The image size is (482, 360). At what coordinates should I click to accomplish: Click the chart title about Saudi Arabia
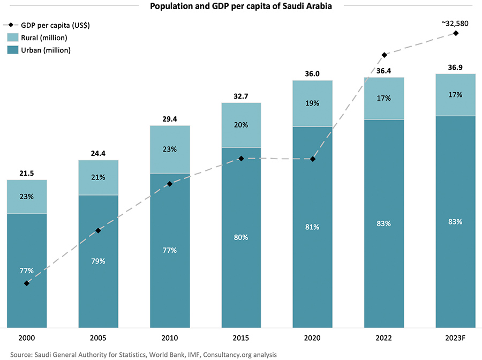point(242,6)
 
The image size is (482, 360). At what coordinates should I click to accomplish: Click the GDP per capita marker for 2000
point(27,283)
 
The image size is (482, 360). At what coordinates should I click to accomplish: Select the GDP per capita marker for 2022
point(384,55)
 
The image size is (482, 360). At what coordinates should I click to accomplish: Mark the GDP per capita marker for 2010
point(170,184)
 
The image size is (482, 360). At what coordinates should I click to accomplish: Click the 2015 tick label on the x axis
point(241,339)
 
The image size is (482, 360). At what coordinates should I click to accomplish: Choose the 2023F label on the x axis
point(455,339)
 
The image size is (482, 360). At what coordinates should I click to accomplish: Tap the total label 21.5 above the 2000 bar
point(27,173)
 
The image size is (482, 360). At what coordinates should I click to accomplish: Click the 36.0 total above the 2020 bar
point(312,74)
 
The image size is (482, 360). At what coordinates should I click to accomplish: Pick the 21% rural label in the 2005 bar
point(98,177)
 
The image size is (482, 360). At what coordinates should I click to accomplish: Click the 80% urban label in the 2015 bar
point(241,237)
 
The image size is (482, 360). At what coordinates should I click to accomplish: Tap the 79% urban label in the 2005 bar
point(98,261)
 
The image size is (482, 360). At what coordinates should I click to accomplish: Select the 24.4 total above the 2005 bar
point(98,153)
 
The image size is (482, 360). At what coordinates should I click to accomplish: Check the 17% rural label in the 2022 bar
point(384,98)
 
